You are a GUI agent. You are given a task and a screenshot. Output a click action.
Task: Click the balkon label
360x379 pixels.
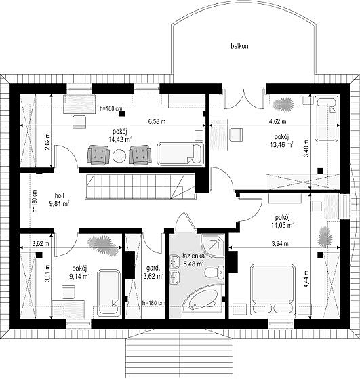[x=239, y=46]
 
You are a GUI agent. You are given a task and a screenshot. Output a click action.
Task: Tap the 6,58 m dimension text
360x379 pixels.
[x=157, y=121]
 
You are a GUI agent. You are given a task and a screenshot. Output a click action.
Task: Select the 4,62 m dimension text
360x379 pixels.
[x=278, y=121]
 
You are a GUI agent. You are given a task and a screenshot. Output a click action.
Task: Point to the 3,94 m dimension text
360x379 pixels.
[x=280, y=243]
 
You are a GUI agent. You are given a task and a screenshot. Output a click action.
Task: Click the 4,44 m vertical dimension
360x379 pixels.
[x=307, y=279]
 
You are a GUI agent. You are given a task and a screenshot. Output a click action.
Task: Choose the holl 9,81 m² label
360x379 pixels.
[x=59, y=199]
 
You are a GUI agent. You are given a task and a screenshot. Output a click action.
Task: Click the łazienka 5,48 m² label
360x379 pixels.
[x=193, y=260]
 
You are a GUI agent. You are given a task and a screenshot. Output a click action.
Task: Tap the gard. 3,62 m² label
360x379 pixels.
[x=153, y=272]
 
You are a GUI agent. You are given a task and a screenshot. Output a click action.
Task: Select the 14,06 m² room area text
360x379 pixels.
[x=282, y=225]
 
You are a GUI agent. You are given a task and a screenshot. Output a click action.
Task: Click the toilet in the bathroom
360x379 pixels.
[x=215, y=273]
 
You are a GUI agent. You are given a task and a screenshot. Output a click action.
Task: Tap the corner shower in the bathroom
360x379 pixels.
[x=213, y=247]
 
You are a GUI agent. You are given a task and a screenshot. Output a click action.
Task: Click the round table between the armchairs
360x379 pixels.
[x=119, y=156]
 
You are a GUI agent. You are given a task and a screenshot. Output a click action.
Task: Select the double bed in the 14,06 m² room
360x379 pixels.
[x=273, y=290]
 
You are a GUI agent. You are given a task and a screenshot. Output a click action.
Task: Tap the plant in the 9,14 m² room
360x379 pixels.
[x=103, y=245]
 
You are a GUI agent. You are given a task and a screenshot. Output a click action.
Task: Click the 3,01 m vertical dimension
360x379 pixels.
[x=48, y=273]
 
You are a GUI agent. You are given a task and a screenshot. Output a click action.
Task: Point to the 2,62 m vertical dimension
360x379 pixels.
[x=47, y=142]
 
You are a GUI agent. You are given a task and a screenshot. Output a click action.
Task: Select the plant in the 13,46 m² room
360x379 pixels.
[x=283, y=104]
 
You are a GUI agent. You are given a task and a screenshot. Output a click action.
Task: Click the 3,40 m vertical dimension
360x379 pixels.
[x=306, y=148]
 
